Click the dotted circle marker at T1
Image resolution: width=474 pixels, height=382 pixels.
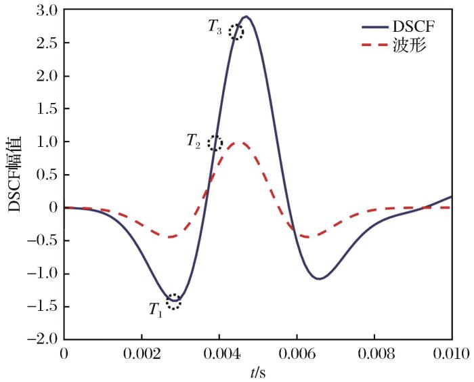174,301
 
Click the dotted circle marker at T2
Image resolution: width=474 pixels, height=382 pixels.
215,143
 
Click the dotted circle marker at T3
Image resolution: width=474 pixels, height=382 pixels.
236,32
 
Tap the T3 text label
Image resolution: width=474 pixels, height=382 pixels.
215,28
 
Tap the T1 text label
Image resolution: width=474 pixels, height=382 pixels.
156,310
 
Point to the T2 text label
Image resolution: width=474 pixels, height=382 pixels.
194,142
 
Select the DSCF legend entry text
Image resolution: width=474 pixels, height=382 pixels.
411,28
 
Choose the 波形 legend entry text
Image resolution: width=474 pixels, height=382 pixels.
406,47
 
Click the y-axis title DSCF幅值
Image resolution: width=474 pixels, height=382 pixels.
15,174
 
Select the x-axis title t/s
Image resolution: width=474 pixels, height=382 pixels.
258,371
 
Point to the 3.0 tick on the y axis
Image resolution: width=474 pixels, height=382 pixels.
47,11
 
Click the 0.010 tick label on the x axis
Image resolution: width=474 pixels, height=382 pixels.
452,354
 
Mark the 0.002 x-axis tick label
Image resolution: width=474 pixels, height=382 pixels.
142,354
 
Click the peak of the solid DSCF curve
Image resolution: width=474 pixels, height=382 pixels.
246,16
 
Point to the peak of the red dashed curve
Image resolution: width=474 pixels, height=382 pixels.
238,142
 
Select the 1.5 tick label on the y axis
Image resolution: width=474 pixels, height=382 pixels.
47,109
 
